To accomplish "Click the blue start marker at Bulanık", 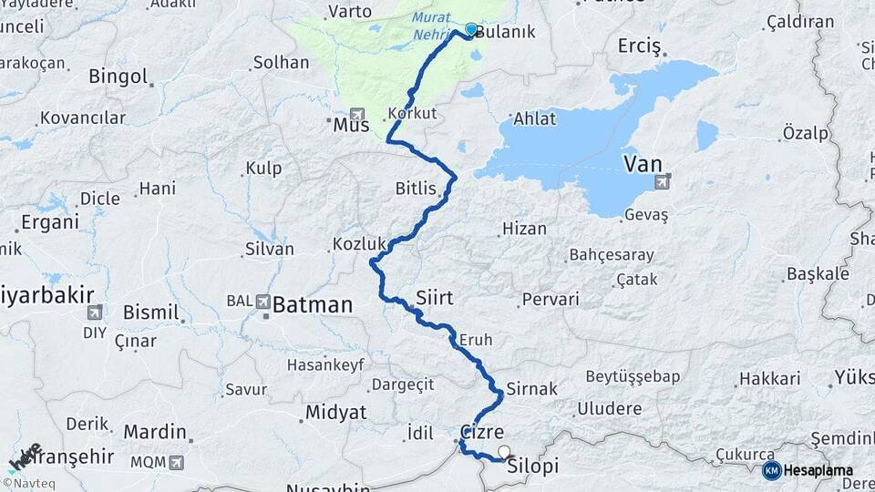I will coord(470,30).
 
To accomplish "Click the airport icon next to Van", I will coord(661,183).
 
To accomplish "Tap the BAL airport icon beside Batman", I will coord(263,301).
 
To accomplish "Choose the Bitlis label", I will coord(417,189).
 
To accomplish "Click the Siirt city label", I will coord(434,298).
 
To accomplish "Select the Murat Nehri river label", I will coord(434,27).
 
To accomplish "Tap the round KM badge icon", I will coord(771,470).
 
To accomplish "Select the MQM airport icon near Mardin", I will coord(175,462).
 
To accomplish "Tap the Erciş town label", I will coord(643,45).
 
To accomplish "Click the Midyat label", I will coord(335,412).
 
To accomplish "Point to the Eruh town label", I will coord(475,340).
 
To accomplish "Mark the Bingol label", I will coord(118,77).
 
